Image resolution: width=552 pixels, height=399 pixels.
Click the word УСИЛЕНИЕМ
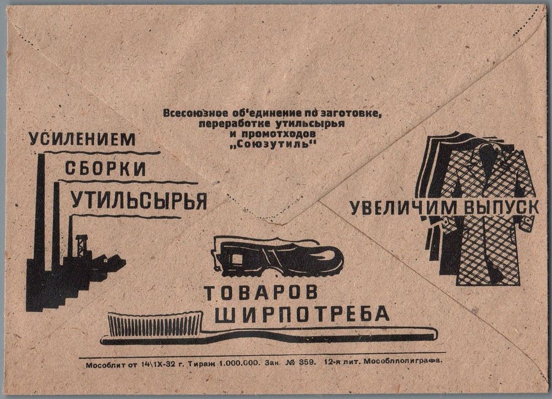coord(82,139)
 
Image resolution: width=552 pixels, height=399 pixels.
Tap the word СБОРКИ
coord(105,169)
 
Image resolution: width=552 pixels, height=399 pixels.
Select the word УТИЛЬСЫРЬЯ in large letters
coord(139,201)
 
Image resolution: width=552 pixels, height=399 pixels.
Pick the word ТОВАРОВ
coord(261,293)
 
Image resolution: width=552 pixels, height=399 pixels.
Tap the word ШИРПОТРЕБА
coord(302,314)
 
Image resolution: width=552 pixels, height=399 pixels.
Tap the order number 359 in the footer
coord(308,362)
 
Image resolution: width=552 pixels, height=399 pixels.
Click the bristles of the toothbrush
coord(155,324)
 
